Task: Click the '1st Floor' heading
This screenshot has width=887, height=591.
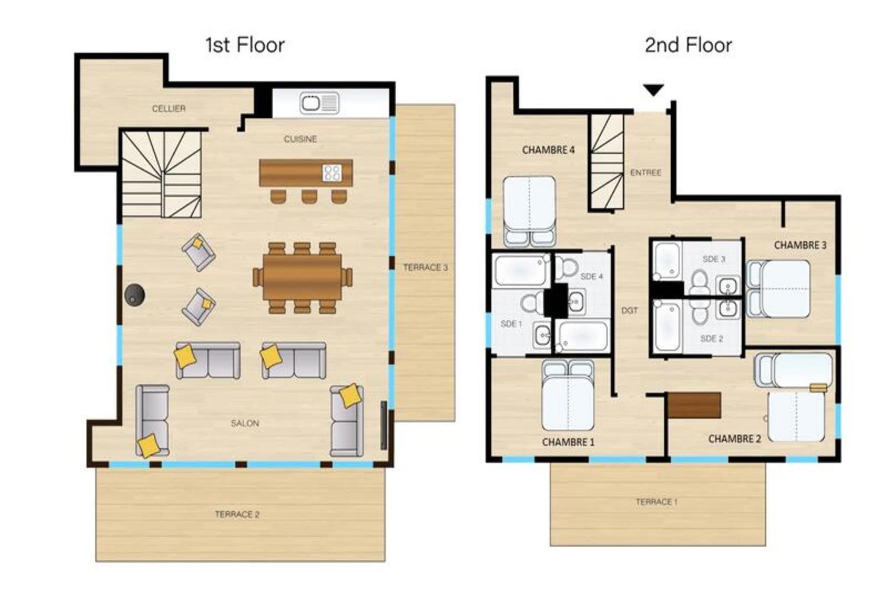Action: (x=245, y=45)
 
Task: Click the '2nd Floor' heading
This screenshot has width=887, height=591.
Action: (x=688, y=45)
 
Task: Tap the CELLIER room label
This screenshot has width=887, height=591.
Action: (x=169, y=108)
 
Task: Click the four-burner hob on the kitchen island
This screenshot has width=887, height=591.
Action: (x=332, y=173)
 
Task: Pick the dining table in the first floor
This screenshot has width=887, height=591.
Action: (x=302, y=277)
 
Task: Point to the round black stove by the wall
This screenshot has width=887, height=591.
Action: (x=134, y=295)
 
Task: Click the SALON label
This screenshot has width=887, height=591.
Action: (x=245, y=423)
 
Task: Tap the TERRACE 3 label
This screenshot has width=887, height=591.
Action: (x=425, y=268)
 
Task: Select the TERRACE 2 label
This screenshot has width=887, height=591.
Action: (x=237, y=514)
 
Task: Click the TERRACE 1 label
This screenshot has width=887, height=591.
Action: (x=657, y=502)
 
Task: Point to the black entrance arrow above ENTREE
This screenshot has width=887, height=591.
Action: (x=653, y=90)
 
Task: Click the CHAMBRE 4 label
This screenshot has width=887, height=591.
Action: (x=548, y=150)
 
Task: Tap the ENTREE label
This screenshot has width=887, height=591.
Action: (x=646, y=173)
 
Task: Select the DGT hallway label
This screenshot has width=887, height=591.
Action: (x=629, y=310)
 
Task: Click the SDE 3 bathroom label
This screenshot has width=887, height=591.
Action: (x=714, y=259)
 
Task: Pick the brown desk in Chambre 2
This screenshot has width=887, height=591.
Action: (x=694, y=405)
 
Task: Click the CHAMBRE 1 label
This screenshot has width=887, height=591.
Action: (x=568, y=442)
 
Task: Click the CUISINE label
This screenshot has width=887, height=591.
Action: (x=301, y=139)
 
